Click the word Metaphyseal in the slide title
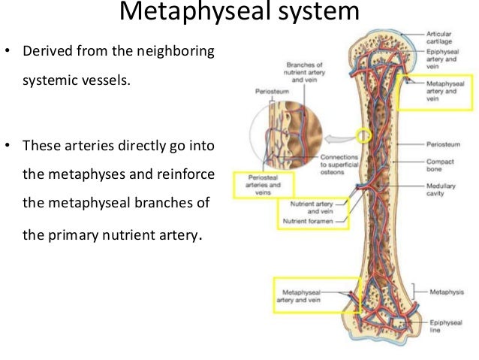(182, 14)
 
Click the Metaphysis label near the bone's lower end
(448, 290)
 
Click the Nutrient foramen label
(311, 221)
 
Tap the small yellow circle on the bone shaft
(364, 136)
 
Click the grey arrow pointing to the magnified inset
(339, 138)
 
